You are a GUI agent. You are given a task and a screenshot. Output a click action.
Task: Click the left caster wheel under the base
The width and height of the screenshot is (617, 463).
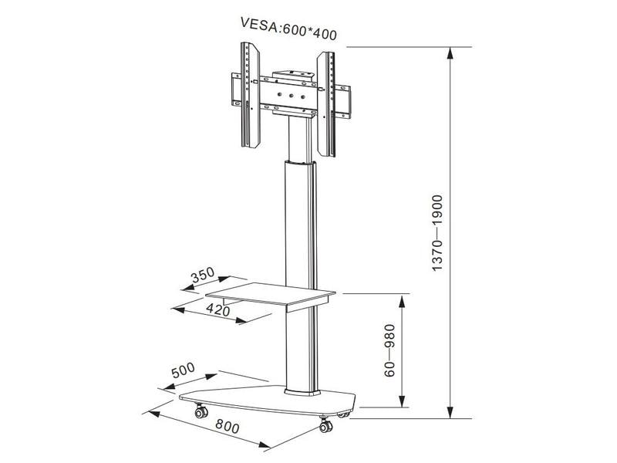tap(202, 413)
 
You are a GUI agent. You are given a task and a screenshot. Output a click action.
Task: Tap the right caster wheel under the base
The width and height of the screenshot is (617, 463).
tap(324, 424)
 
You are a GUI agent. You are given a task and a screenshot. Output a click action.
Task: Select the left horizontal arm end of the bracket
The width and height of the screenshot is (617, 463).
tap(234, 88)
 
